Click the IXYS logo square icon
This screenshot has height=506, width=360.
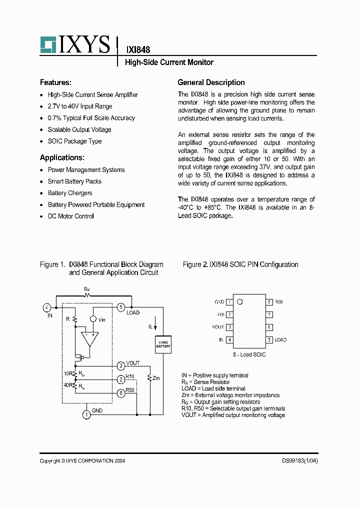[x=48, y=44]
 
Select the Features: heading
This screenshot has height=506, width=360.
[x=55, y=82]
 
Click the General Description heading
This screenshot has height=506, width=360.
[x=211, y=82]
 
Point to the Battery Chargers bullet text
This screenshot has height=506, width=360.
[x=70, y=193]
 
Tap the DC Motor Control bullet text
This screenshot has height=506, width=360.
[x=70, y=216]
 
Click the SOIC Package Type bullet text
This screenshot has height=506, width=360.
[x=74, y=141]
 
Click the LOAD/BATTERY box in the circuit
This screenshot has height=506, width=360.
[x=163, y=344]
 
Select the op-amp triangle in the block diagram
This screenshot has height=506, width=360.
[x=90, y=338]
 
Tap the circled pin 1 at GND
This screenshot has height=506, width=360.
[x=86, y=414]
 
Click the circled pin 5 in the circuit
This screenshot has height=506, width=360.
[x=121, y=307]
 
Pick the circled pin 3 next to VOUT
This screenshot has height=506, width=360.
[x=121, y=365]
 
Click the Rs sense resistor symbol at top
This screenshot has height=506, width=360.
[x=87, y=295]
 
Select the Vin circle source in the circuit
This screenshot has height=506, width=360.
[x=93, y=319]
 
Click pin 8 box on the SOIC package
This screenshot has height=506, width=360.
[x=269, y=302]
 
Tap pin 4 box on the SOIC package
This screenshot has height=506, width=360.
[x=229, y=340]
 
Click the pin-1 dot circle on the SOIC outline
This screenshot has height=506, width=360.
[x=239, y=302]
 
